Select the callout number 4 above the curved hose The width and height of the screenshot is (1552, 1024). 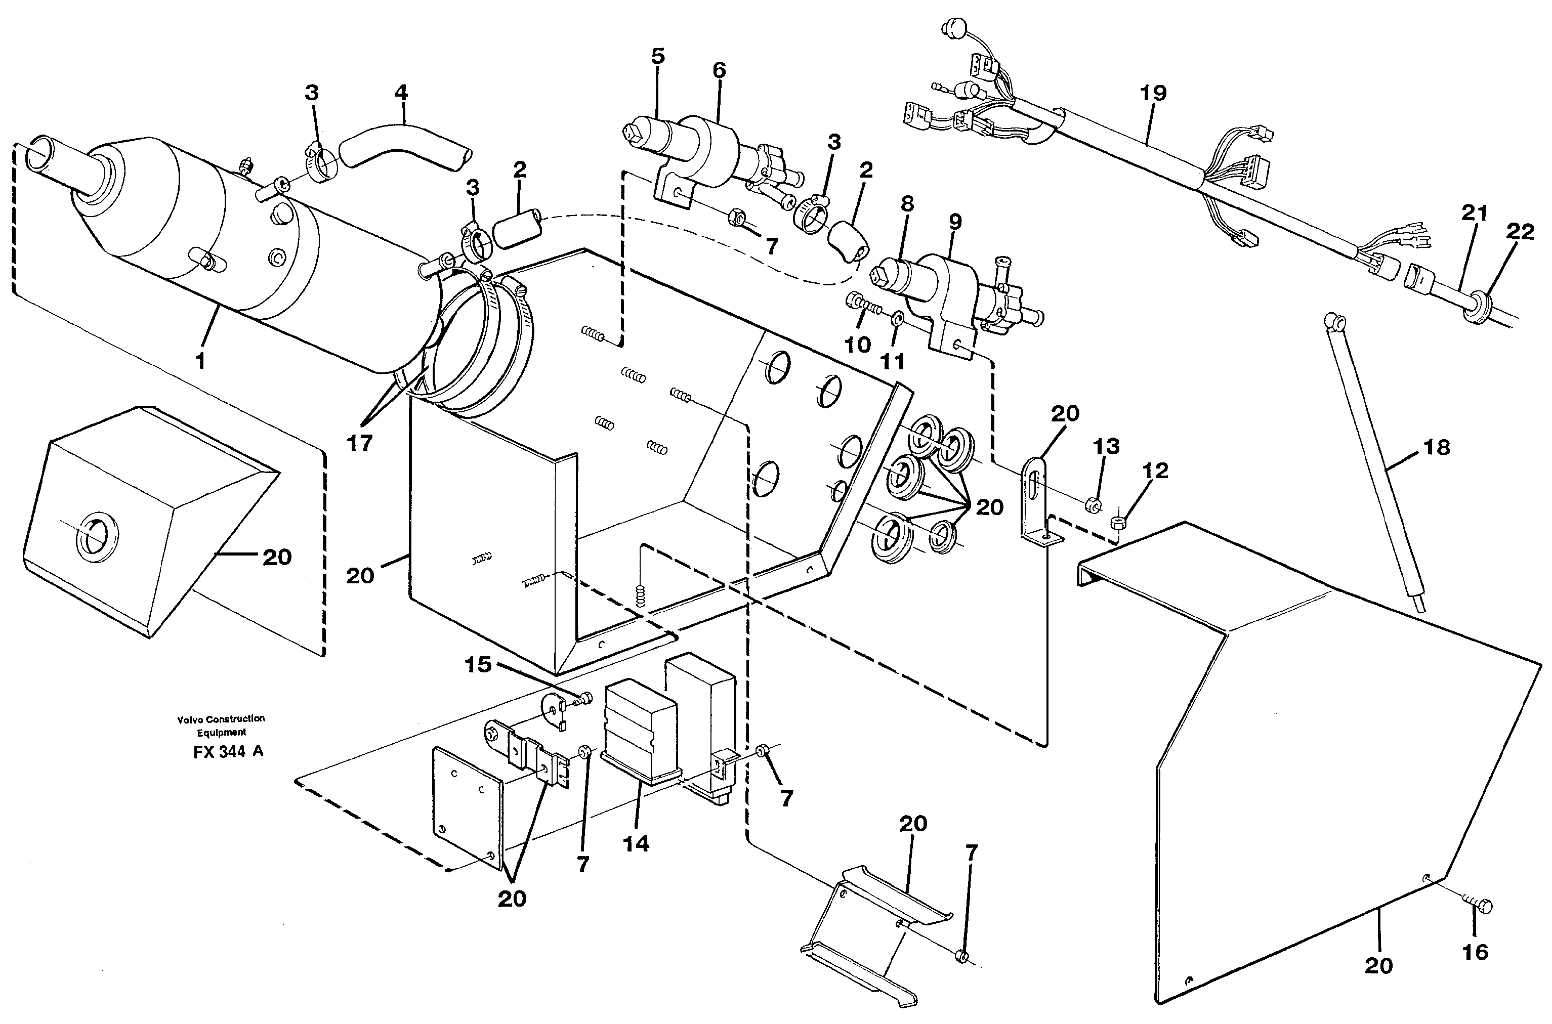[401, 93]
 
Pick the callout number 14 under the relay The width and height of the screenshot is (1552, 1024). [636, 844]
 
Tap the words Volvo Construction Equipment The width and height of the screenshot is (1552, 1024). [221, 725]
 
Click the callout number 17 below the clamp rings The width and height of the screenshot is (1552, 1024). [359, 443]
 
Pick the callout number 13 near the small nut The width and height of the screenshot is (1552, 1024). [1107, 447]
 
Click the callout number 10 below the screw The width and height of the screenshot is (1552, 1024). [858, 344]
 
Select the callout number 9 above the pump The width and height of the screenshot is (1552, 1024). [955, 222]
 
